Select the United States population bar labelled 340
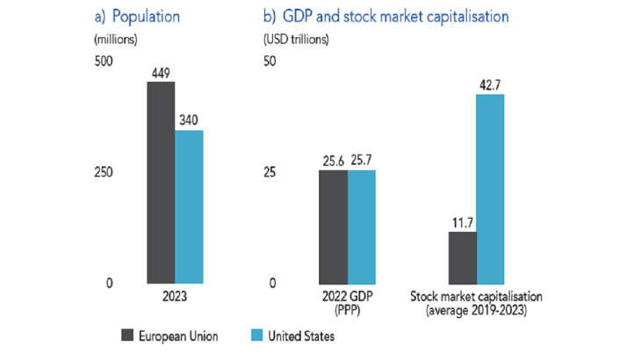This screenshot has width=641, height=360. pos(189,206)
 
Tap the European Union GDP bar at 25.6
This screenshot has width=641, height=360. pos(333,226)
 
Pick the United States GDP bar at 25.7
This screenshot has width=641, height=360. pos(361,226)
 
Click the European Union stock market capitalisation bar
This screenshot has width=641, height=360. pos(462,256)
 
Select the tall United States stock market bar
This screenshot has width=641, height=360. pos(490,188)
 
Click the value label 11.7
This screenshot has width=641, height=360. pos(462,223)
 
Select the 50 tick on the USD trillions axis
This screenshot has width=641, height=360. pos(270,61)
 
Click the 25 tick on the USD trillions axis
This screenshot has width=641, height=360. pos(270,172)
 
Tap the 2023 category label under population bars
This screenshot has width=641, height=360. pos(175,296)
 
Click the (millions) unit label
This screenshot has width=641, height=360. pos(115,39)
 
